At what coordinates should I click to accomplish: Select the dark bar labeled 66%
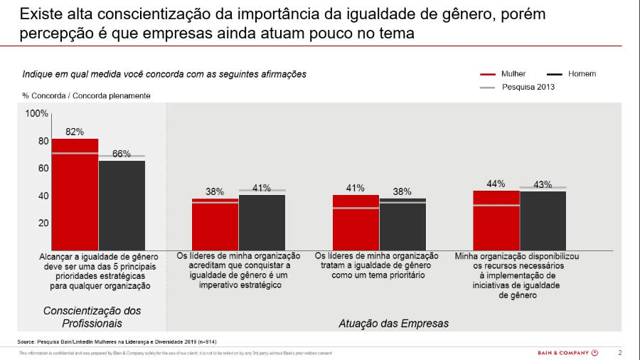[122, 205]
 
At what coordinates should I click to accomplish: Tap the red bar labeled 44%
[496, 220]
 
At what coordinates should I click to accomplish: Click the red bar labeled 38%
[215, 224]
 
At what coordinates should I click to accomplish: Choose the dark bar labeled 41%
[262, 222]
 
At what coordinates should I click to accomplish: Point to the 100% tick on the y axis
[37, 114]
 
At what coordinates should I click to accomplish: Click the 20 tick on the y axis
[43, 223]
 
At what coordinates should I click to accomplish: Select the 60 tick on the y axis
[43, 169]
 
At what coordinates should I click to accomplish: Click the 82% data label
[75, 132]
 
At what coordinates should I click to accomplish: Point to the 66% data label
[122, 154]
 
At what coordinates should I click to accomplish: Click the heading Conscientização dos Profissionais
[92, 317]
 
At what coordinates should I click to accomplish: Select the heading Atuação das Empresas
[393, 324]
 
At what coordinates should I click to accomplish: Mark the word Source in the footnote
[27, 342]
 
